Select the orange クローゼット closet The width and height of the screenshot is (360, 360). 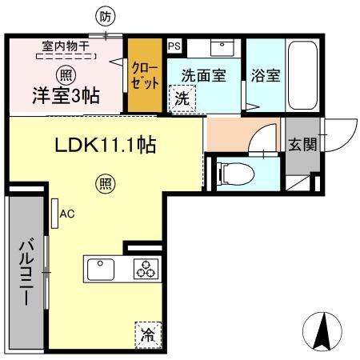146,75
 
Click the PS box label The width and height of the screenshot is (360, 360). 174,46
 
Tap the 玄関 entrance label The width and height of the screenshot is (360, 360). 302,145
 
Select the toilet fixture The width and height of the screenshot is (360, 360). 234,172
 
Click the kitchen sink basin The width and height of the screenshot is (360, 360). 100,270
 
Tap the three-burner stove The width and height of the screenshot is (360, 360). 146,270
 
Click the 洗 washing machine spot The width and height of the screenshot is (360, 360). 181,100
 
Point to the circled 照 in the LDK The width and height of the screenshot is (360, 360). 105,182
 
